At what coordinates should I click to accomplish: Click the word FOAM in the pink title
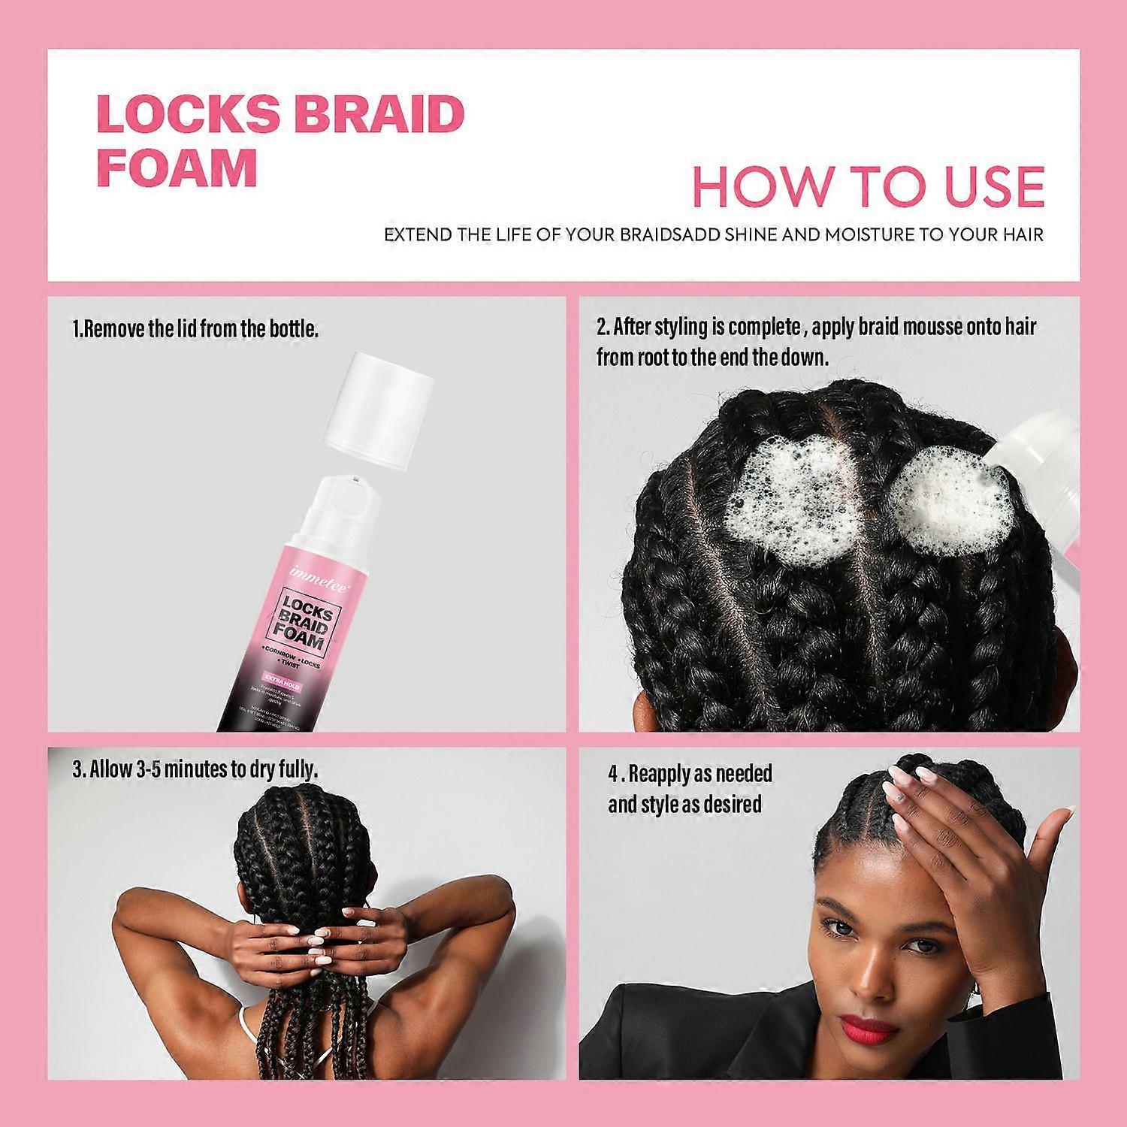pos(177,169)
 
